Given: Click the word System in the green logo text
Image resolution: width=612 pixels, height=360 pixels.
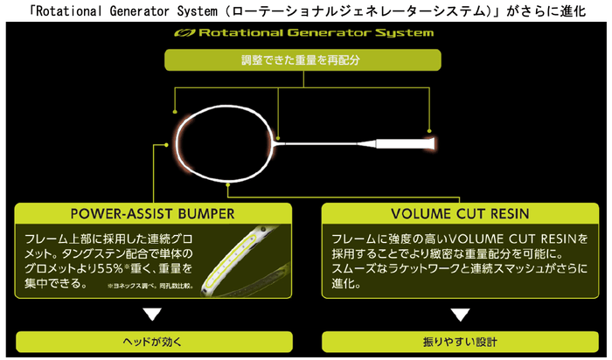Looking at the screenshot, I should coord(404,34).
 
